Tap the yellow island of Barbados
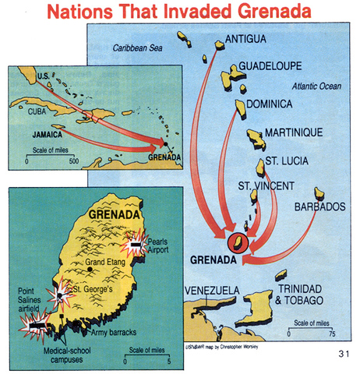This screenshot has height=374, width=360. coord(319,192)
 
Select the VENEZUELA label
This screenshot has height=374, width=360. coord(211,291)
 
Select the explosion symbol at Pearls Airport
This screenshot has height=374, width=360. coord(136,245)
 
